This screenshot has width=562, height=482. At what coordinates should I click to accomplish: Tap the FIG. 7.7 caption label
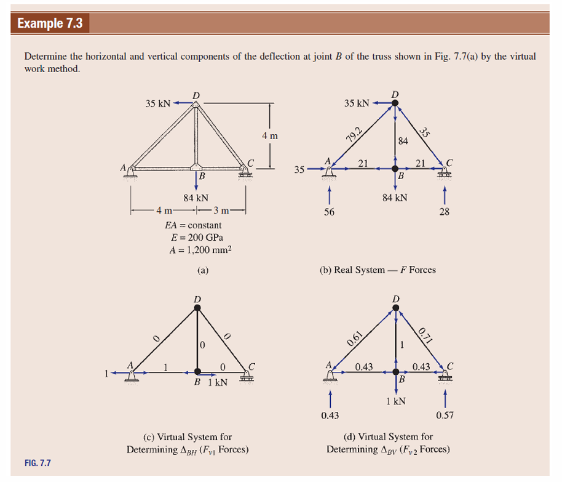point(39,462)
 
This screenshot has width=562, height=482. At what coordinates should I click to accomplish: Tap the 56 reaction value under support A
point(330,212)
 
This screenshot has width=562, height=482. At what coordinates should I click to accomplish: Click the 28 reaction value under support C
point(445,212)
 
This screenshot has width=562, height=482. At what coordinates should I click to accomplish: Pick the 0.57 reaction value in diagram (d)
point(445,416)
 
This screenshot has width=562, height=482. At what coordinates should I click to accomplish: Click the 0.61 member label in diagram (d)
point(355,339)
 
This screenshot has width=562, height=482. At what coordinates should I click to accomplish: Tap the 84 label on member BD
point(403,141)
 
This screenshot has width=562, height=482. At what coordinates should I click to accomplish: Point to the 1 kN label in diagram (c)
point(218,382)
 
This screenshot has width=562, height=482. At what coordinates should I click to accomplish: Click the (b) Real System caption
point(378,270)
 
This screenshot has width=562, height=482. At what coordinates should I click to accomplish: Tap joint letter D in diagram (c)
point(197,299)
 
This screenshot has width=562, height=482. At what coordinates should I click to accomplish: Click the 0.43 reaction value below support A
point(330,416)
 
